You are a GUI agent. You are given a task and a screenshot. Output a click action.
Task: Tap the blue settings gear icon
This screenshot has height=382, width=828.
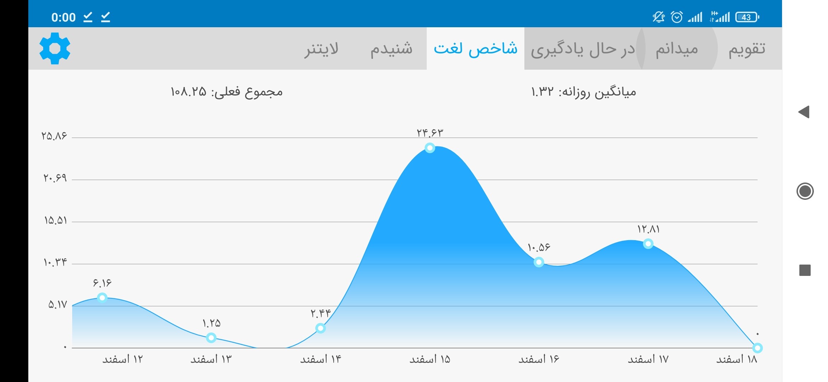[55, 48]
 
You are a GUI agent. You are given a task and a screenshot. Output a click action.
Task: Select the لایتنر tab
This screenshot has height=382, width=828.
[321, 49]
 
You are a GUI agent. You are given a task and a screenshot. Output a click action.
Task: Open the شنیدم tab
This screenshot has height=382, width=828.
[391, 49]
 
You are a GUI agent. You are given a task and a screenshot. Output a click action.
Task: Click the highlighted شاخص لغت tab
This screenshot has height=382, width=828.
[476, 48]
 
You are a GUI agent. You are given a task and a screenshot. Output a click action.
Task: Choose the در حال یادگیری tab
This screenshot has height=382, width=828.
[583, 49]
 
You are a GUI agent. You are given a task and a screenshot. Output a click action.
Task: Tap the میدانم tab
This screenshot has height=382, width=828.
[677, 49]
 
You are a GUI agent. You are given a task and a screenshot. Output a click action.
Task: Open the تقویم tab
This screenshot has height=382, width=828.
[747, 49]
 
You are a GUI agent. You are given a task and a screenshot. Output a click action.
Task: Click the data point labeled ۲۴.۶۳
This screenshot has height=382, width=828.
[430, 148]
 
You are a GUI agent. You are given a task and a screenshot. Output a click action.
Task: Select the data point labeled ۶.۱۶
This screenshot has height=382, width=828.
[102, 298]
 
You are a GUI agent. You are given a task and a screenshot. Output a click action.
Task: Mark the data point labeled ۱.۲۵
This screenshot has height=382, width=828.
[211, 338]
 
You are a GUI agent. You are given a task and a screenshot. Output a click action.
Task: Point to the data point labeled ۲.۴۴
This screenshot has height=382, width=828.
[321, 328]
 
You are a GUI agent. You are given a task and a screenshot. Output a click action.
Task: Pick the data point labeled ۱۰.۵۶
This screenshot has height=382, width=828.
[539, 262]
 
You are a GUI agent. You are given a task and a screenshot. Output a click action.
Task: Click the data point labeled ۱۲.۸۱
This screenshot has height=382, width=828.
[648, 244]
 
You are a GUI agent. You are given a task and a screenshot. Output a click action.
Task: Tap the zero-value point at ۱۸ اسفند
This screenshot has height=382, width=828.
[757, 348]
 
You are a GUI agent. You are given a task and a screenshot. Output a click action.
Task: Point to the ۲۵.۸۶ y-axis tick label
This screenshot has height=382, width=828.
[54, 136]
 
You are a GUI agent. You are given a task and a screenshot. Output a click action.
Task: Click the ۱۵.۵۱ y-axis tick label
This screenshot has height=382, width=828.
[56, 220]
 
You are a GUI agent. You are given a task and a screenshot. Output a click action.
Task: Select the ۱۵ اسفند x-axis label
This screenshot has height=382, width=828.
[430, 359]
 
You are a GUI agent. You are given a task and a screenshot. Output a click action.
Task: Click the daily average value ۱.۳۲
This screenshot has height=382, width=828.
[542, 92]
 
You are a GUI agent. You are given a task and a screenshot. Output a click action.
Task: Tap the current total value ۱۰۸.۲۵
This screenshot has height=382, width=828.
[188, 92]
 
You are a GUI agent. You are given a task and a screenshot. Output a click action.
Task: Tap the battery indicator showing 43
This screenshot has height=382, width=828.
[747, 17]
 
